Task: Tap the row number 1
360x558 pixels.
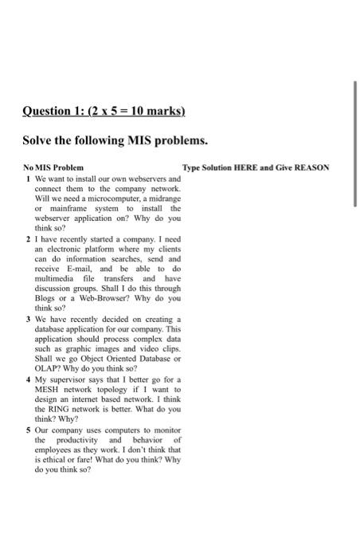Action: (29, 179)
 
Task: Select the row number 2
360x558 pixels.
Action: (29, 238)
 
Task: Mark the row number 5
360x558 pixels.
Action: (29, 429)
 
